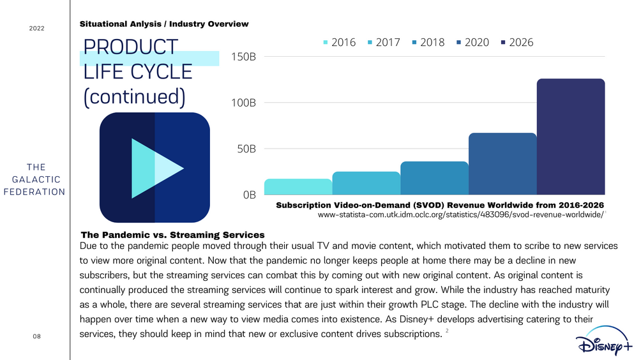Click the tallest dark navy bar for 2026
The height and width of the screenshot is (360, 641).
point(571,137)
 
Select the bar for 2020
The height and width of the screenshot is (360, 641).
point(503,163)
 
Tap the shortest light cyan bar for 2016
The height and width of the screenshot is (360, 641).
point(298,187)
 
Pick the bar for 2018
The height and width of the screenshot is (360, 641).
point(435,177)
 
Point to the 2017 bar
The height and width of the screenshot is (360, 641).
point(366,183)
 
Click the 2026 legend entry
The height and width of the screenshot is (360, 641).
point(517,43)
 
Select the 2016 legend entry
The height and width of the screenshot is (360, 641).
point(339,43)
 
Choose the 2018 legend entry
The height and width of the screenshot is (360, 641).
point(428,43)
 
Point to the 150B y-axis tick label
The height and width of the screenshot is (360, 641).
point(244,57)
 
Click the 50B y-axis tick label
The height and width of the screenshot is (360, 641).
point(246,149)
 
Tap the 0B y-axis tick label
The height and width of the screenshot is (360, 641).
point(250,195)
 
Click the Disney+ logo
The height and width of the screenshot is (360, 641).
point(604,341)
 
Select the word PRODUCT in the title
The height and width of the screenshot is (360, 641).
point(130,47)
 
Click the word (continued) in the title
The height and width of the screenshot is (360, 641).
point(135,97)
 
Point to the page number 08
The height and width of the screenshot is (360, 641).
point(37,336)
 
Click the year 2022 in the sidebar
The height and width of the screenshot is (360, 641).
point(37,28)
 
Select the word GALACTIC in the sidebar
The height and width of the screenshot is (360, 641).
point(36,179)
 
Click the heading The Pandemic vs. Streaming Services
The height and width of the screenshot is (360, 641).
point(172,235)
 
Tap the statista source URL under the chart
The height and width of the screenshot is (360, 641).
point(461,214)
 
